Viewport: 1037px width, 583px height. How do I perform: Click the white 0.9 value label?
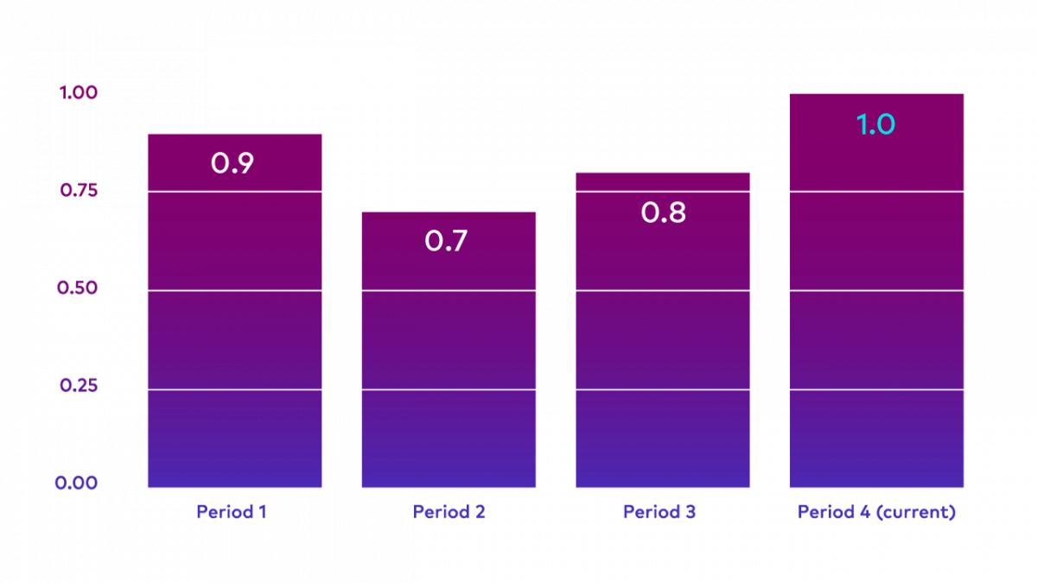click(x=232, y=163)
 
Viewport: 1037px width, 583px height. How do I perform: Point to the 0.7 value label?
click(x=446, y=241)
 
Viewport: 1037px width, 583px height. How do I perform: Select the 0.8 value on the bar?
click(x=664, y=212)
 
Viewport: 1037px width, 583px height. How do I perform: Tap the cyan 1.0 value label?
click(x=875, y=125)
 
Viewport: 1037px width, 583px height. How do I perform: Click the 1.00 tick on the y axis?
click(x=79, y=92)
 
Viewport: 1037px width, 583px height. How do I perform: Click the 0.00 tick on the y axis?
click(x=77, y=483)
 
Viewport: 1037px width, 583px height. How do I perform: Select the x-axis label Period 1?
click(x=232, y=511)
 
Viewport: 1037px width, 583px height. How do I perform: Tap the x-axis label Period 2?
click(x=449, y=511)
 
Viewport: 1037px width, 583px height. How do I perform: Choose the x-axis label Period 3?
click(x=659, y=511)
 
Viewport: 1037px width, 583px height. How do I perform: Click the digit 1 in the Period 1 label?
click(x=262, y=511)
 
